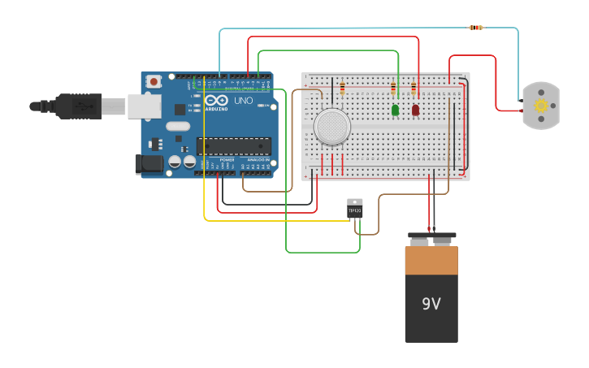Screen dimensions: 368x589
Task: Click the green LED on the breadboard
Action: (395, 110)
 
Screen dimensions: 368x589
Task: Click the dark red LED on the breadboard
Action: (415, 110)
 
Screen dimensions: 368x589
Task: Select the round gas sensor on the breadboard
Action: (331, 127)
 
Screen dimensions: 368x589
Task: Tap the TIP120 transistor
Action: (355, 209)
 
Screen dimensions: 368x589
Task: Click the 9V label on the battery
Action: (431, 304)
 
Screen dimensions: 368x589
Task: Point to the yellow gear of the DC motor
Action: (541, 106)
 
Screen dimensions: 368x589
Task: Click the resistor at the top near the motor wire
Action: (476, 28)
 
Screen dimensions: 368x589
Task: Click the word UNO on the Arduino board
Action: (244, 101)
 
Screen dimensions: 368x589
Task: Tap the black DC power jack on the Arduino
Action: (150, 163)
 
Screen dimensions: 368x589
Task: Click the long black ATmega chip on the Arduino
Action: (234, 146)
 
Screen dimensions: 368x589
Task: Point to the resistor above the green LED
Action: (394, 87)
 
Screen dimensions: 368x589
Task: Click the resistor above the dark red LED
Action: (414, 87)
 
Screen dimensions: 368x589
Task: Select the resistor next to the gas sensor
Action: (342, 88)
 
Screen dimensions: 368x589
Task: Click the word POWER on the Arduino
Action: (227, 160)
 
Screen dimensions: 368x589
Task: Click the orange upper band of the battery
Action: (431, 260)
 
